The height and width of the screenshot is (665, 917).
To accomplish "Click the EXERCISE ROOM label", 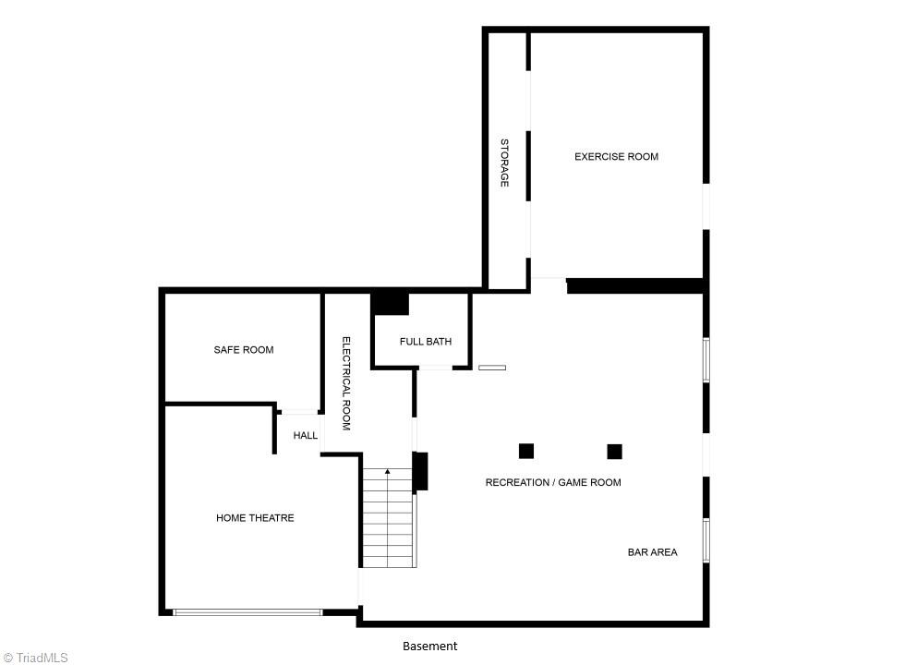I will coord(616,157).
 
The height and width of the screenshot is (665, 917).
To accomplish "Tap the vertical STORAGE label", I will coord(504,163).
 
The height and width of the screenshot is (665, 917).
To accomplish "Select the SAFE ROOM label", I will coord(244,350).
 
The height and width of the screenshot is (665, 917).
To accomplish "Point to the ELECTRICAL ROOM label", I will coord(346,383).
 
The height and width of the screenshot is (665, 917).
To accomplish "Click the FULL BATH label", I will coord(426,342).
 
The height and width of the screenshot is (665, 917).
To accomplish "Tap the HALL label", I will coord(306,436).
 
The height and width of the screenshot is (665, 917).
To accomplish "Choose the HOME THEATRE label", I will coord(255,518).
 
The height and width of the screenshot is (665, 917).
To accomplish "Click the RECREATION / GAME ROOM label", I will coord(553,482).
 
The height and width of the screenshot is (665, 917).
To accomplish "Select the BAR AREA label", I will coord(652,552).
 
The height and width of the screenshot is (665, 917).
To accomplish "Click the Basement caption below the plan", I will coord(429,647).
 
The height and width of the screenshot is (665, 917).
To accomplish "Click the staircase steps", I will coord(387,522).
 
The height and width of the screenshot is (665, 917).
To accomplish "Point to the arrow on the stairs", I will coord(387,472).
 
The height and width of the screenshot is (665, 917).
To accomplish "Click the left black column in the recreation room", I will coord(526,451).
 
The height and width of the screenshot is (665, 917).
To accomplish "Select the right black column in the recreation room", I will coord(614,451).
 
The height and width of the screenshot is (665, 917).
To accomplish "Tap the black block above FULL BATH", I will coord(391,303).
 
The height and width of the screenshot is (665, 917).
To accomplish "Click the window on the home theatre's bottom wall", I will coord(247,611).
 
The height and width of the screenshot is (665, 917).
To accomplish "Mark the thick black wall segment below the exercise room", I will coord(634,286).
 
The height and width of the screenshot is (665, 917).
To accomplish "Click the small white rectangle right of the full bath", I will coord(491,368).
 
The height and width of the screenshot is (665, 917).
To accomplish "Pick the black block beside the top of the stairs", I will coord(420,471).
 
